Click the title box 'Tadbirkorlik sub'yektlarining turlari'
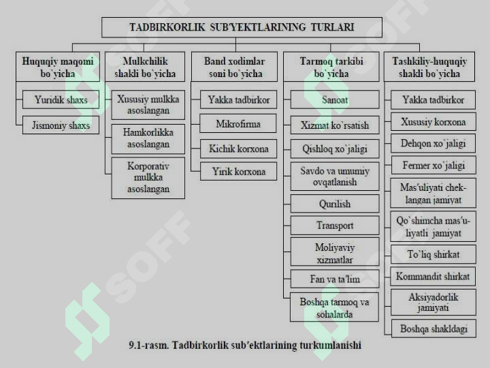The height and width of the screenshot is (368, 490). tap(242, 27)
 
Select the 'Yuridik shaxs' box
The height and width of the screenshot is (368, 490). tap(61, 99)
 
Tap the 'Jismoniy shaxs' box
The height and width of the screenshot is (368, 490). tap(61, 125)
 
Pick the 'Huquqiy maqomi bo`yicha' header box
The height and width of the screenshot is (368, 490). tap(58, 67)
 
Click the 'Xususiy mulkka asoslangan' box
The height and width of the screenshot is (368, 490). tap(148, 105)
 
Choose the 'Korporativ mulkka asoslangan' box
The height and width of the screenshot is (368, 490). tap(148, 178)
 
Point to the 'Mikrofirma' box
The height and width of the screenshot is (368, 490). tap(238, 123)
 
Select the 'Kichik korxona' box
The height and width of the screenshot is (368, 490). tap(238, 149)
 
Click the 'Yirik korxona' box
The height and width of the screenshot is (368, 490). tap(238, 171)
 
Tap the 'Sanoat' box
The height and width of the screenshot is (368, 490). tap(335, 99)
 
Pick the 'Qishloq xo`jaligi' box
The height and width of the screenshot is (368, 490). tap(335, 149)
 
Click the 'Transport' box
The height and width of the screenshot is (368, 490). tap(335, 226)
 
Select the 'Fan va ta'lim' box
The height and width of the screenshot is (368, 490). tap(335, 279)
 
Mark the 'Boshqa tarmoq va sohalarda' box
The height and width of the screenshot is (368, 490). tap(334, 307)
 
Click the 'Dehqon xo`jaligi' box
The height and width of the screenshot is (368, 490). tap(434, 143)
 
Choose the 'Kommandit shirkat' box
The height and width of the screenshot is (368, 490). tap(433, 276)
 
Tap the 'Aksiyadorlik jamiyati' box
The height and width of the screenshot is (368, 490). tap(434, 303)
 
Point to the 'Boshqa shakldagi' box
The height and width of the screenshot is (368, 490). tap(434, 328)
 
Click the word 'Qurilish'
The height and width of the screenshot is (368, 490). tap(335, 204)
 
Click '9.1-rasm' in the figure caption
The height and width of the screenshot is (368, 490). tap(149, 345)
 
